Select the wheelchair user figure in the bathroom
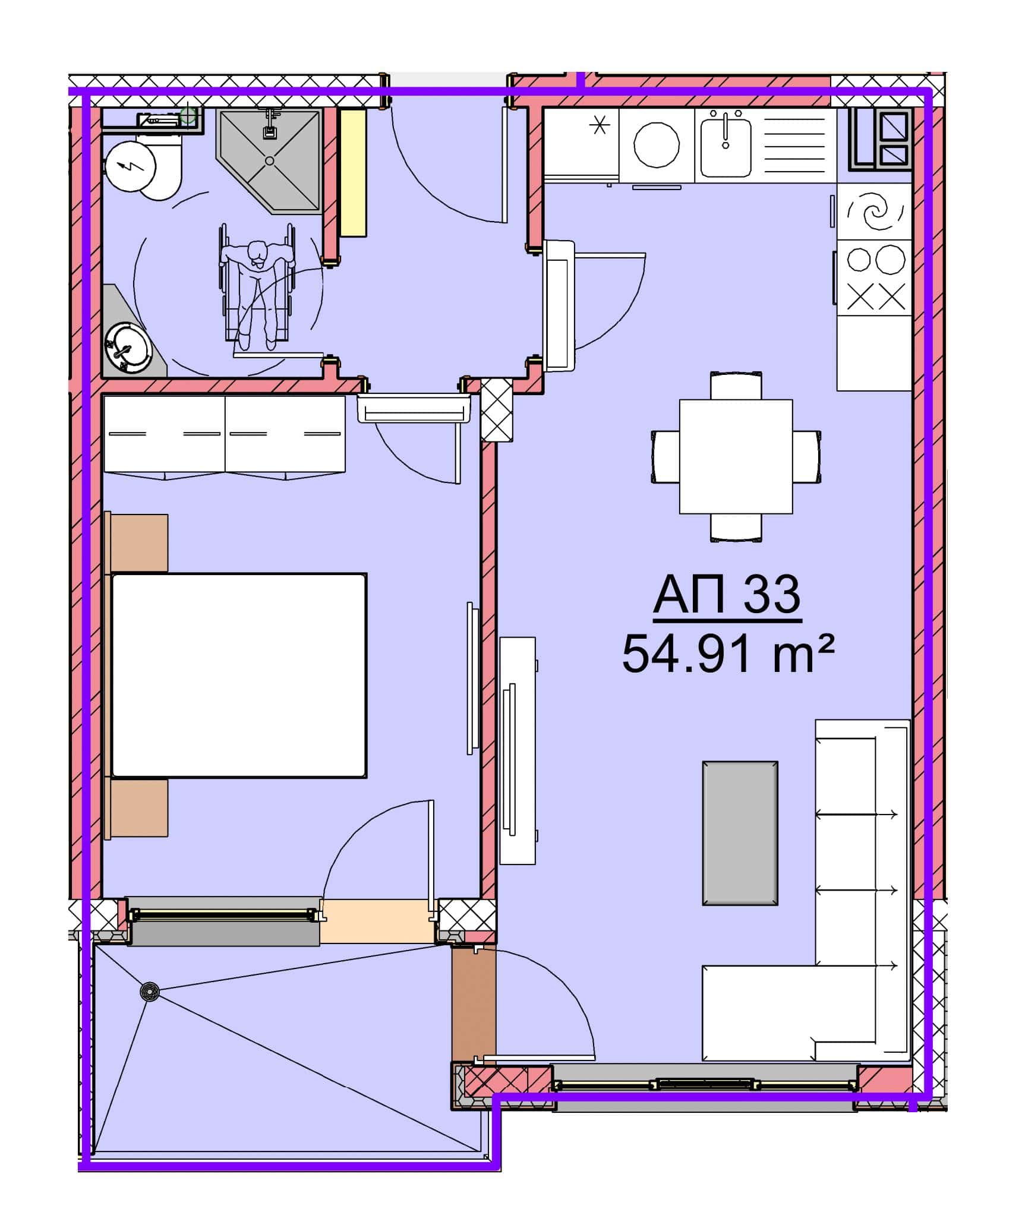tap(258, 287)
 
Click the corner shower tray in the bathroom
tap(271, 161)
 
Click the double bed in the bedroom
tap(239, 676)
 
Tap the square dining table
tap(736, 456)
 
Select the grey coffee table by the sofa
tap(740, 833)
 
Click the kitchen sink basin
tap(726, 146)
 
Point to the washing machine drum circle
tap(657, 146)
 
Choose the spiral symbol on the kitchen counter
tap(875, 210)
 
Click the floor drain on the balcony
tap(150, 992)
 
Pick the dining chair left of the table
tap(665, 457)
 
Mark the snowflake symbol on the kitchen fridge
tap(599, 125)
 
